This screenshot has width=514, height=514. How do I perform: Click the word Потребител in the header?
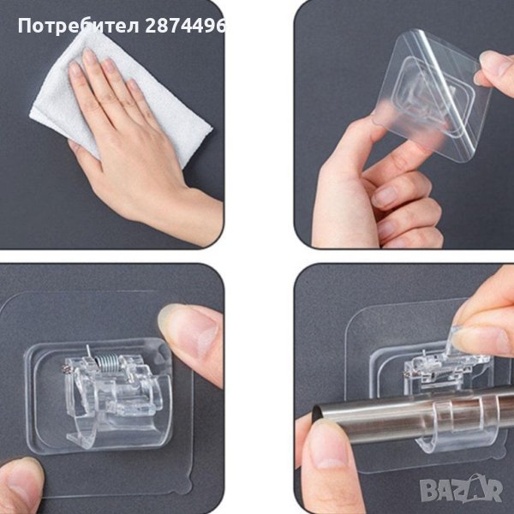tap(79, 26)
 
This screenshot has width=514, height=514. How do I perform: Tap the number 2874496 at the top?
tap(186, 26)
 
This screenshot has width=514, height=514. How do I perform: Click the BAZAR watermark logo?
tap(462, 489)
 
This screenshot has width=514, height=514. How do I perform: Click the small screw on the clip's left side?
tap(67, 368)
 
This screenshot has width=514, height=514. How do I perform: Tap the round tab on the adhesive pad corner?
tap(186, 487)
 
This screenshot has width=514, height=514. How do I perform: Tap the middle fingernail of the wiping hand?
tap(89, 57)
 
